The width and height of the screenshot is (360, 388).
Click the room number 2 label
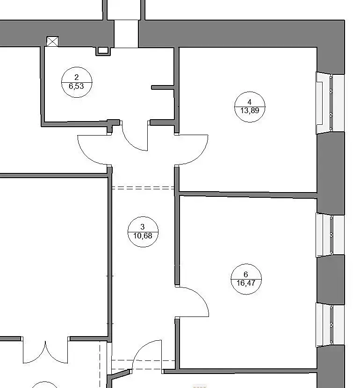coord(77,77)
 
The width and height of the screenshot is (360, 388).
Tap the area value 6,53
coord(77,86)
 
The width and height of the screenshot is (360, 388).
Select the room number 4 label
coord(249,102)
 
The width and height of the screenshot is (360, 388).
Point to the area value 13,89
coord(250,111)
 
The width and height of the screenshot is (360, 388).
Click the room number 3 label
coord(143,227)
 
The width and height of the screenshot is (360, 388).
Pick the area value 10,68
coord(143,236)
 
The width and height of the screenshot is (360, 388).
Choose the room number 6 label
coord(246,274)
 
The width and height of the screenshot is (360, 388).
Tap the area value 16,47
coord(246,283)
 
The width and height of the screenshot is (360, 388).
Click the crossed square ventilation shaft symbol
coord(52,41)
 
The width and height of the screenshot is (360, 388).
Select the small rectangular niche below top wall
coord(103,51)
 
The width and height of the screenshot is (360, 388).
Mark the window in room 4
coord(330,103)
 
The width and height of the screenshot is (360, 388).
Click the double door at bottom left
coord(45,352)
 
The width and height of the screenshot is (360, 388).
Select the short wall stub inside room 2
coord(163,87)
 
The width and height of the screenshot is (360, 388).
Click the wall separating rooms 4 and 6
coord(247,194)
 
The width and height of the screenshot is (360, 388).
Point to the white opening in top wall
coord(126,34)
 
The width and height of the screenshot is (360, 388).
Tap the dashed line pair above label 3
coord(143,188)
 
